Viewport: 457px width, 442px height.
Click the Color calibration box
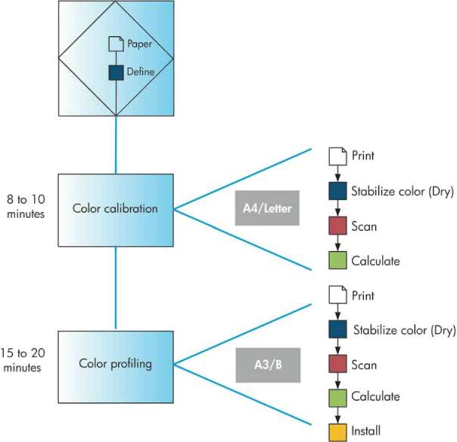point(115,210)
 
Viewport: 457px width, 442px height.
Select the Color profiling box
point(115,364)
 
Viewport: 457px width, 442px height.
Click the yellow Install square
point(337,431)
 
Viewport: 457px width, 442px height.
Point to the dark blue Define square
point(116,73)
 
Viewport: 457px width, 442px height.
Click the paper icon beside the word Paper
point(116,44)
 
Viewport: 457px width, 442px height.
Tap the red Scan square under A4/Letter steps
point(337,226)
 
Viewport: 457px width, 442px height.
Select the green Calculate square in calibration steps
point(337,261)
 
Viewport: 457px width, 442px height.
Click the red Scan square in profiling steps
point(337,365)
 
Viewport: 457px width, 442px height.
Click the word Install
point(367,431)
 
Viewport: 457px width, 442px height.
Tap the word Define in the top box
point(141,73)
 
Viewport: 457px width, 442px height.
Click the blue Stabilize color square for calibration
point(337,191)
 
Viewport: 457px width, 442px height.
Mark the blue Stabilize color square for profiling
point(337,329)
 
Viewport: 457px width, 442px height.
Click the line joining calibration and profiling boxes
point(116,288)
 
